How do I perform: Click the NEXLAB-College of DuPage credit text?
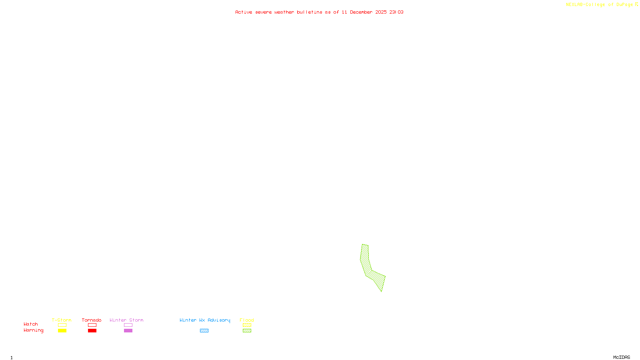click(599, 5)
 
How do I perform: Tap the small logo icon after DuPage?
click(636, 4)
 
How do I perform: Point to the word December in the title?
click(361, 12)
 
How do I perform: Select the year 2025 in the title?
click(381, 12)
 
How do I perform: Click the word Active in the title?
click(244, 12)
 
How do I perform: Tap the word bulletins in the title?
click(309, 12)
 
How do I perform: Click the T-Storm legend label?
click(62, 320)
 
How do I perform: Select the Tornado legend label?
click(92, 320)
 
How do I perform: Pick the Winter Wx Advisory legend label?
click(205, 320)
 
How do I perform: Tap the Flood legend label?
click(247, 320)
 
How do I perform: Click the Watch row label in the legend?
click(31, 324)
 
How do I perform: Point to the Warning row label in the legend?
click(33, 330)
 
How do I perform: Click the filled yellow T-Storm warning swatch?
click(62, 331)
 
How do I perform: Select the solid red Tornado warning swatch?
click(92, 331)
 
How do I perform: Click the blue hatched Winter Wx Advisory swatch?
click(204, 331)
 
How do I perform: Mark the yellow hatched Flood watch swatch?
click(247, 325)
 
